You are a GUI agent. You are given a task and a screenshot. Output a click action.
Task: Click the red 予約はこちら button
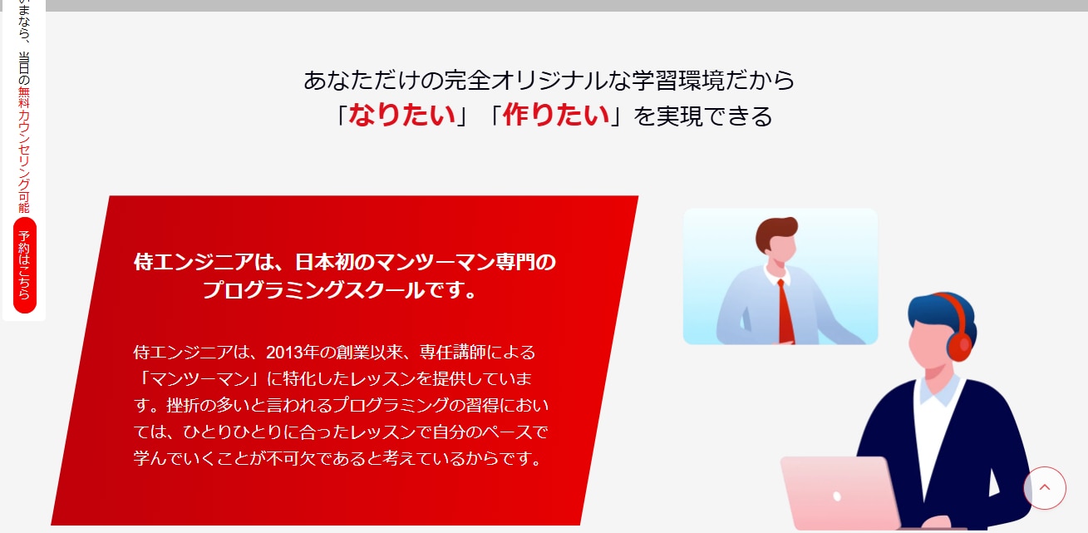(25, 265)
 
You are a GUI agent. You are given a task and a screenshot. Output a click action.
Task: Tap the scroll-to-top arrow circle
(1045, 488)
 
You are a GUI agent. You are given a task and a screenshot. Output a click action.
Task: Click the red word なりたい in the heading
(401, 115)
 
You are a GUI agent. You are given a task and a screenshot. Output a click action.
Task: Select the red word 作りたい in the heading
(556, 115)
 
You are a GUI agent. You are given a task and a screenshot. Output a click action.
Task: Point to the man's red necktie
(785, 311)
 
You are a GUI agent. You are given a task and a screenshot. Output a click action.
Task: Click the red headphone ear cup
(959, 344)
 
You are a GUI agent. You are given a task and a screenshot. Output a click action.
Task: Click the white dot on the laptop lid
(837, 496)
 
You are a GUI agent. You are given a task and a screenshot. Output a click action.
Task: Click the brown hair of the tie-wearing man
(776, 229)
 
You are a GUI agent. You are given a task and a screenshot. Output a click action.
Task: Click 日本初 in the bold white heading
(327, 263)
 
